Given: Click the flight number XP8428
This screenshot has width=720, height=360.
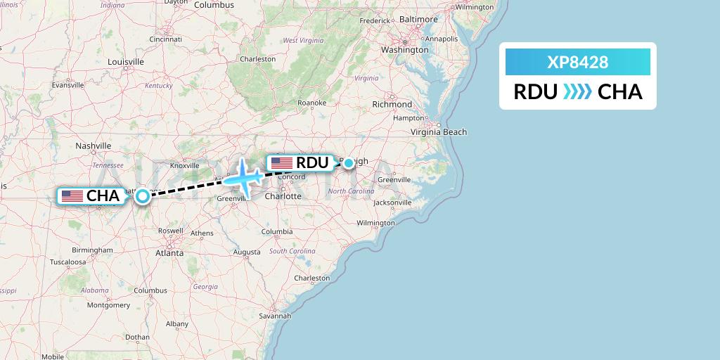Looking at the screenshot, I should pos(577,63).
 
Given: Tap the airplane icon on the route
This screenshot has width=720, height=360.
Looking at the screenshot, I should pos(243,176).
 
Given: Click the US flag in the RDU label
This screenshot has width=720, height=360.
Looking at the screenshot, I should pos(281,163).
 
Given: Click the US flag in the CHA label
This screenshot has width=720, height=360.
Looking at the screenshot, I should pos(72,196).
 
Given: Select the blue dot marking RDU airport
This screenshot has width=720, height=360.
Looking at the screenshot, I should pos(349,163).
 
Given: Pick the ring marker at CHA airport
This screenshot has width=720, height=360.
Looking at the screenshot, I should pos(142,196).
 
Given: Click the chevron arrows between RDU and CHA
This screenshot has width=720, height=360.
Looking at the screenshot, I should pos(577,92).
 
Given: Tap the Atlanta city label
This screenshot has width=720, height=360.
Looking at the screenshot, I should pos(169,252).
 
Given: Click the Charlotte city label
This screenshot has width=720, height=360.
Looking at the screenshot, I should pos(283,196).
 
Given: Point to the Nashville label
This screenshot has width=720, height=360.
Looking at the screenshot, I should pos(94,146).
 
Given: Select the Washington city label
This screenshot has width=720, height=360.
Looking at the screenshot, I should pos(404,50).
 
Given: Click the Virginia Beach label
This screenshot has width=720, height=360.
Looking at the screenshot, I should pos(439,131).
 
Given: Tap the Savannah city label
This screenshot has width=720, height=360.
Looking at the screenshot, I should pos(275,316).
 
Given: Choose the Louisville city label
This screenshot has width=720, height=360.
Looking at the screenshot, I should pos(126,62).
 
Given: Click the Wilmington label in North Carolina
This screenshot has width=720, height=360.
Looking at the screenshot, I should pos(375,223).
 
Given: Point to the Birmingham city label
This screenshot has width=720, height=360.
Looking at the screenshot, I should pos(92,250).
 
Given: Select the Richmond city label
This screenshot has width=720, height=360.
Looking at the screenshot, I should pos(392,104).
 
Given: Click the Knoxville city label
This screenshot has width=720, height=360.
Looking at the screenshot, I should pos(185,165).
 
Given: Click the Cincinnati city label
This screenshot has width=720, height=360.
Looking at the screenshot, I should pos(165,39).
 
